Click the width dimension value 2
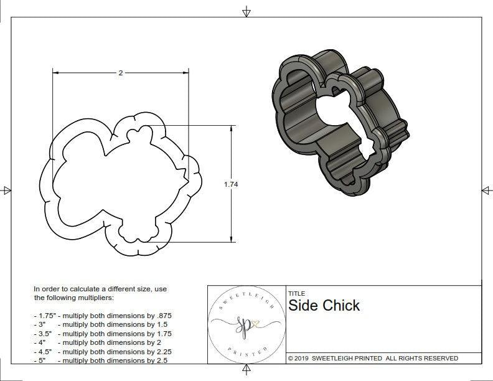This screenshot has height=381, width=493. [x=120, y=73]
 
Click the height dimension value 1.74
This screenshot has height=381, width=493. [x=231, y=184]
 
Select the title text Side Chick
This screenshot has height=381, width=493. [x=324, y=306]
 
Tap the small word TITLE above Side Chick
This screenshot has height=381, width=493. [x=296, y=294]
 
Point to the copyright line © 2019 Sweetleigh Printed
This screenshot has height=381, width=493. [x=373, y=358]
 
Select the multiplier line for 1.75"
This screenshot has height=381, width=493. [x=103, y=316]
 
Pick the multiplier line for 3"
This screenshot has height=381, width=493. [x=103, y=324]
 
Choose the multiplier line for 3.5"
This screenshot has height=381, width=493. [x=103, y=334]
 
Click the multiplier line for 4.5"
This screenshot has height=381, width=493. [x=103, y=351]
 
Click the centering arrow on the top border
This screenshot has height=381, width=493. [x=247, y=11]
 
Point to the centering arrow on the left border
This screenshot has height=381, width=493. [x=7, y=190]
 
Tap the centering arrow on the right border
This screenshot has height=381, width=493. [x=486, y=190]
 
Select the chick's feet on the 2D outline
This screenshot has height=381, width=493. [x=134, y=235]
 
